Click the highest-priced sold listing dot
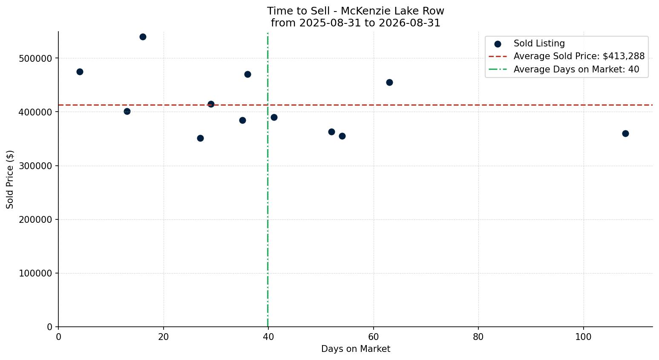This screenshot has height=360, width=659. point(143,37)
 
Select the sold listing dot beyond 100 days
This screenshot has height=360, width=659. point(625,133)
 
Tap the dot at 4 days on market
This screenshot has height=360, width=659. point(80,72)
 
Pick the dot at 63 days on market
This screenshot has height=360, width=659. point(389,82)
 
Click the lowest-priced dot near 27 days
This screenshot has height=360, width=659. point(200,138)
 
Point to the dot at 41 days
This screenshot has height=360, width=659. point(274,117)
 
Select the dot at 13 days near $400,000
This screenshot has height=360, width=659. point(127,112)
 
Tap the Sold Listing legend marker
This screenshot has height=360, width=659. point(498,44)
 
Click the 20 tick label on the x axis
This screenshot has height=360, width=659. point(164,337)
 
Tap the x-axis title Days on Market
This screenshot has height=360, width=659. point(356,349)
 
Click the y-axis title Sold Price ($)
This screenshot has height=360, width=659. point(10,179)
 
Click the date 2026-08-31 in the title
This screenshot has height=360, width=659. point(409,23)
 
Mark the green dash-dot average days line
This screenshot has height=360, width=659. point(268,179)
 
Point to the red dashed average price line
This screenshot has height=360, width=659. point(355,105)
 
